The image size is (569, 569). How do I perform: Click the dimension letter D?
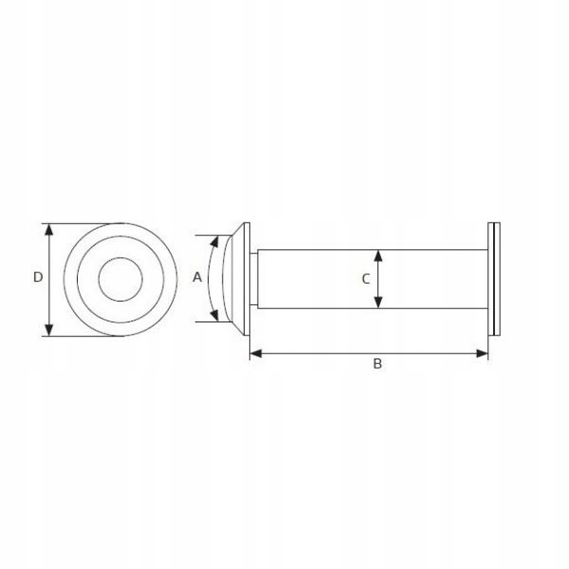point(38,277)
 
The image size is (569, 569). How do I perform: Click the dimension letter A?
point(197,277)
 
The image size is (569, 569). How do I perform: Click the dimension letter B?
point(377,363)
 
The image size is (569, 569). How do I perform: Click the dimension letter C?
point(366,279)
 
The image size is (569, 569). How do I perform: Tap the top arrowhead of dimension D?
point(49,230)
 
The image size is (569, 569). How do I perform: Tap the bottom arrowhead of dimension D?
point(49,329)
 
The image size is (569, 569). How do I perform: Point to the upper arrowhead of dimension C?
point(378,256)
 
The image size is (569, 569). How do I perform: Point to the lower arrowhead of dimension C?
point(378,303)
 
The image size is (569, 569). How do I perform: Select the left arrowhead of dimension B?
point(256,353)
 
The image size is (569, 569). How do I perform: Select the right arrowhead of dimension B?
point(482,353)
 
